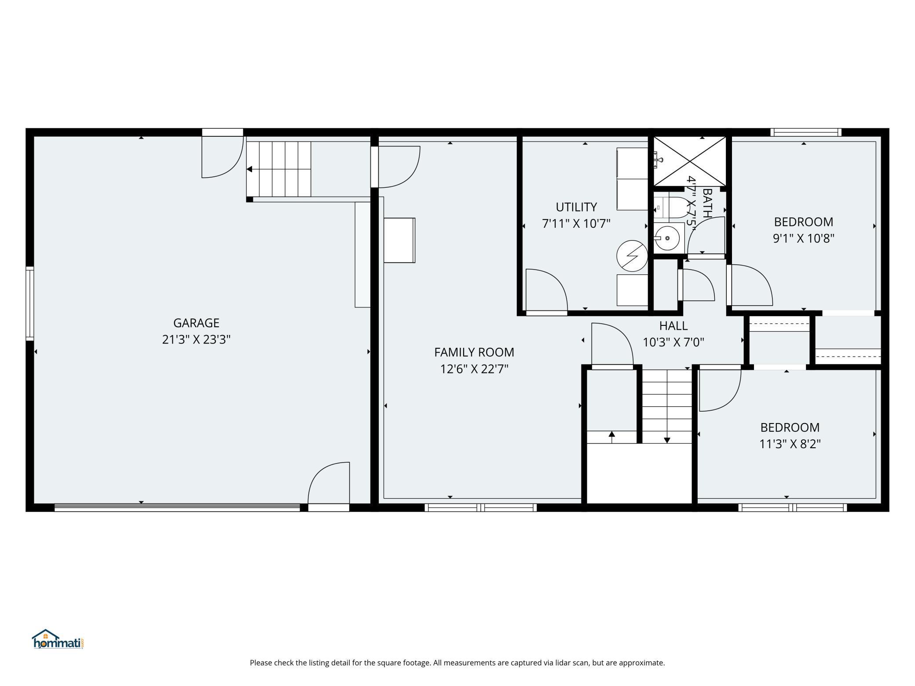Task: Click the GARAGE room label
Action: point(196,323)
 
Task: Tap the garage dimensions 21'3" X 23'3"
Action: point(196,339)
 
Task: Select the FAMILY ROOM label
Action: point(474,352)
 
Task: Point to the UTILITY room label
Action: point(576,207)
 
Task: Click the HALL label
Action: point(673,326)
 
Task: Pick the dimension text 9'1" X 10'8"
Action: point(804,238)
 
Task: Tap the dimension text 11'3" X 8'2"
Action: point(790,444)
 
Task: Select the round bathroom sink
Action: point(667,238)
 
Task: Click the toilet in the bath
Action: point(668,208)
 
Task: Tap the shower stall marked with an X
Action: point(689,161)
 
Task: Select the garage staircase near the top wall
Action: point(278,169)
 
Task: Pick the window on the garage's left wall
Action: point(29,303)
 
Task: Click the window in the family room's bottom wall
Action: point(480,507)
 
